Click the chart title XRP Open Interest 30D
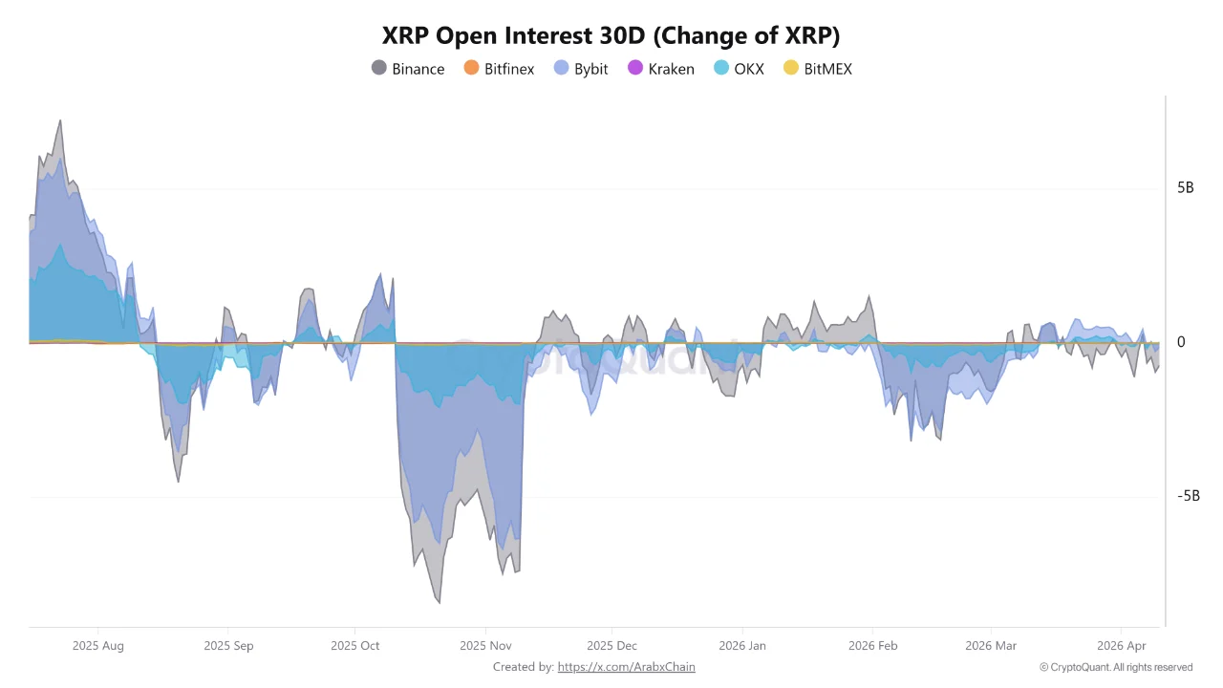[x=611, y=36]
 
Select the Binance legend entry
[x=408, y=69]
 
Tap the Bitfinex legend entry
[x=499, y=69]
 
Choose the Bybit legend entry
[x=581, y=69]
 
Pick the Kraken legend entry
[x=660, y=69]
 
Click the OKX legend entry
[x=739, y=69]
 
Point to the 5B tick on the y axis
[x=1185, y=187]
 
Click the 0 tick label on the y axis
[x=1181, y=342]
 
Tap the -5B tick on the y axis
[x=1188, y=496]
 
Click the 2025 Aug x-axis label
[x=97, y=646]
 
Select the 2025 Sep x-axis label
[x=228, y=646]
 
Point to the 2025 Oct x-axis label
[x=354, y=646]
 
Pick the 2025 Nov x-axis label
[x=485, y=646]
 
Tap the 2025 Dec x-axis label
[x=612, y=646]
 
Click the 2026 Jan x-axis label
[x=743, y=646]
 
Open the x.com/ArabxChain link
[x=626, y=667]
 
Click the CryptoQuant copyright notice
[x=1116, y=667]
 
